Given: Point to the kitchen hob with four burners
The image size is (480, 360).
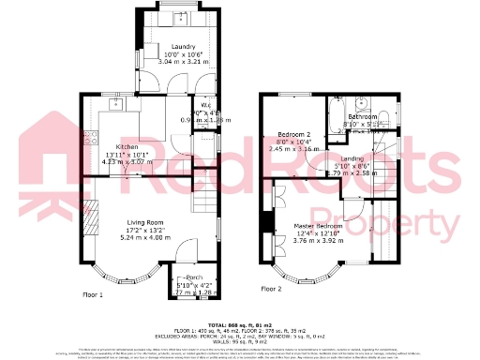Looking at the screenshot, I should click(91, 138).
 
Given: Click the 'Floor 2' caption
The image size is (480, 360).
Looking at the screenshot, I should click(271, 289).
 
